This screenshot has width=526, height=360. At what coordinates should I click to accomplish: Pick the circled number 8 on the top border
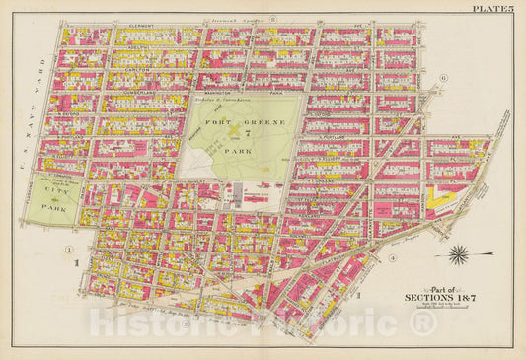coord(273,19)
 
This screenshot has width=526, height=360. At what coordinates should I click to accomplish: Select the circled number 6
coord(444,78)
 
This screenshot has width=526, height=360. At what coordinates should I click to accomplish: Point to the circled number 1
coord(70,249)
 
